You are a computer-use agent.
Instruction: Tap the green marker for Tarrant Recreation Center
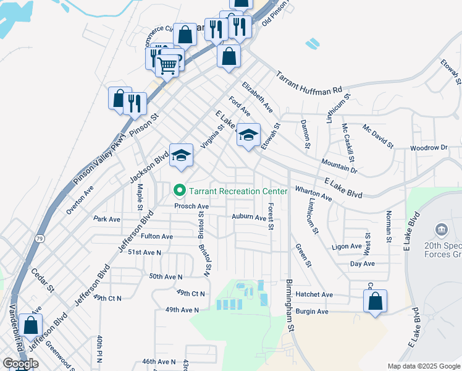(x=180, y=190)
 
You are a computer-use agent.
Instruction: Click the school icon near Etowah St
(x=248, y=135)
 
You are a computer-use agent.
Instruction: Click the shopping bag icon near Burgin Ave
(x=375, y=302)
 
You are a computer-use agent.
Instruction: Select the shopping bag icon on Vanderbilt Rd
(x=30, y=326)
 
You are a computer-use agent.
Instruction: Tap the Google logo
(x=21, y=364)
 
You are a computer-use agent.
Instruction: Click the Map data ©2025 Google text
(x=423, y=366)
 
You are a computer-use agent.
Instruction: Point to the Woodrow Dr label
(x=428, y=148)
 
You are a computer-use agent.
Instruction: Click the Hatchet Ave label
(x=314, y=294)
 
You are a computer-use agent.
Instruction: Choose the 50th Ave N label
(x=166, y=276)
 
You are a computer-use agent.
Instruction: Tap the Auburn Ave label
(x=248, y=217)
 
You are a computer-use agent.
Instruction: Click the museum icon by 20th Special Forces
(x=442, y=231)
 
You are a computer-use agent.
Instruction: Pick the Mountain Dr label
(x=339, y=165)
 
